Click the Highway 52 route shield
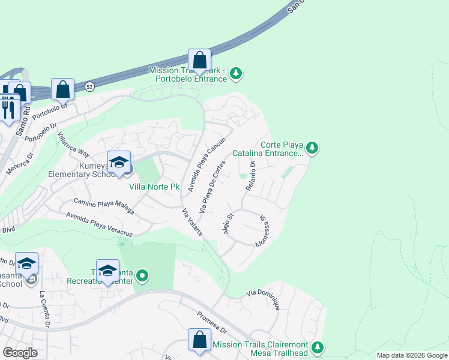tap(89, 86)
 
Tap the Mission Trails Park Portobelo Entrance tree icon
tap(237, 73)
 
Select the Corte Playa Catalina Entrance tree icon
tap(312, 148)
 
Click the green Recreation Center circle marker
tap(142, 276)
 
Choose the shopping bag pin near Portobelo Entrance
tap(200, 61)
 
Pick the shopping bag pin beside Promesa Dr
tap(199, 340)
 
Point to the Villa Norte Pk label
tap(154, 187)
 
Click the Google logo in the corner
tap(20, 353)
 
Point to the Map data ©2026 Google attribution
tap(411, 355)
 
